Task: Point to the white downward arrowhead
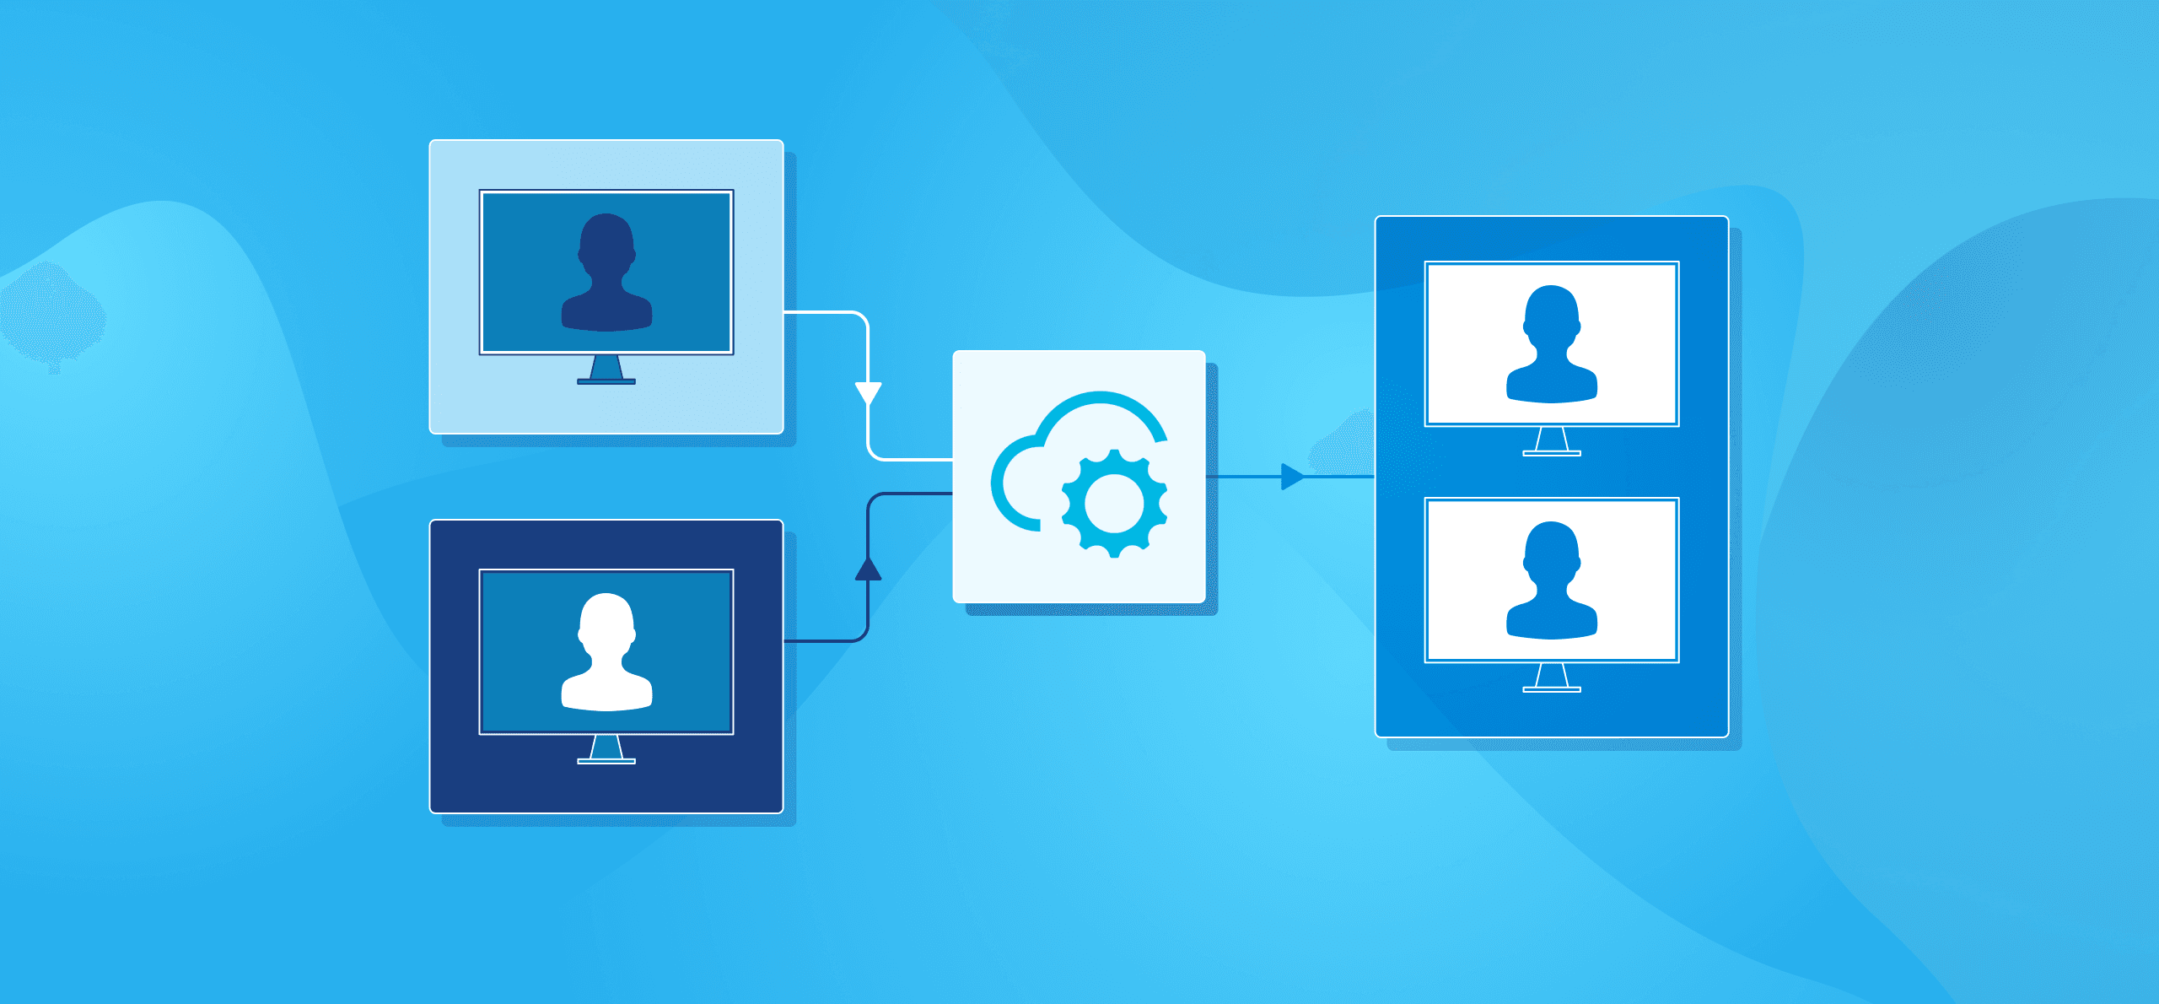pyautogui.click(x=868, y=393)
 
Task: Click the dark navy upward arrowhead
pyautogui.click(x=868, y=569)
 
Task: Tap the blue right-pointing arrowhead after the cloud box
pyautogui.click(x=1291, y=477)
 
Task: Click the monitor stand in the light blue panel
pyautogui.click(x=606, y=371)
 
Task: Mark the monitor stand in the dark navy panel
pyautogui.click(x=606, y=750)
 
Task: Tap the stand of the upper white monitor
pyautogui.click(x=1552, y=442)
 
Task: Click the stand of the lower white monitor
pyautogui.click(x=1552, y=678)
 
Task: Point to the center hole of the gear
pyautogui.click(x=1114, y=503)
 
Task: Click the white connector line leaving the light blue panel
pyautogui.click(x=822, y=312)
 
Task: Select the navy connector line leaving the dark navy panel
pyautogui.click(x=822, y=641)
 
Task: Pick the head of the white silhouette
pyautogui.click(x=606, y=620)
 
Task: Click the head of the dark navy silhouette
pyautogui.click(x=606, y=240)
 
